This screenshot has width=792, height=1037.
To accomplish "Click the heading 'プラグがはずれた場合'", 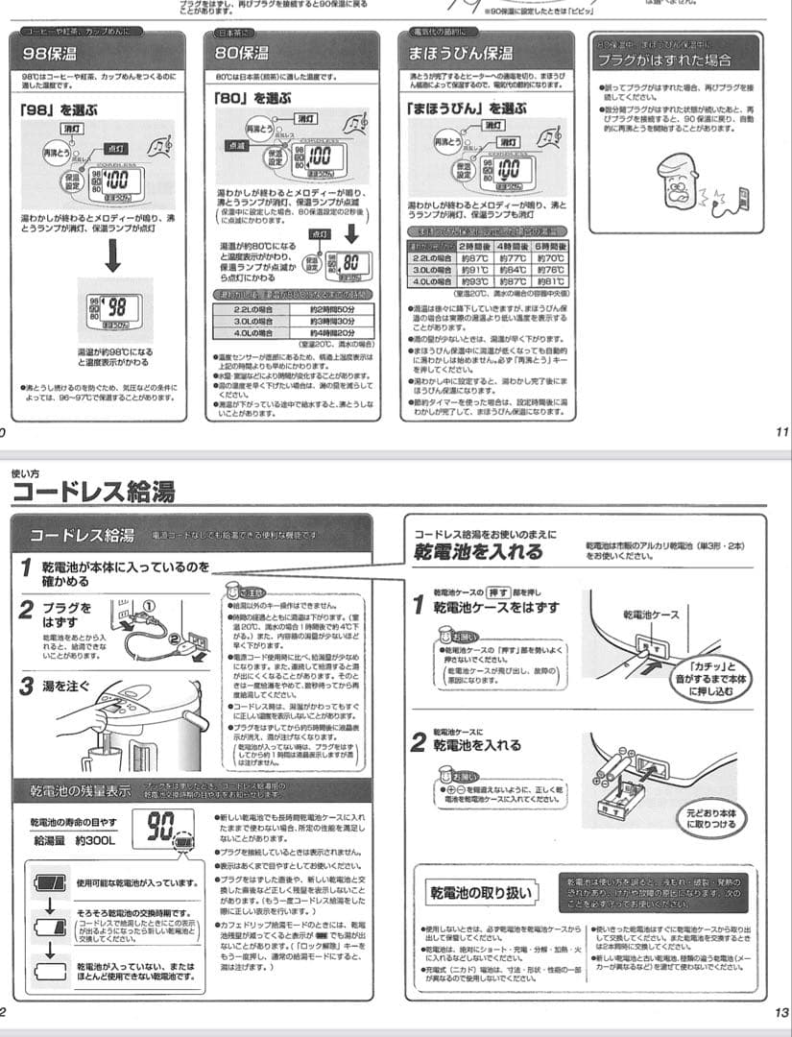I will [x=663, y=60].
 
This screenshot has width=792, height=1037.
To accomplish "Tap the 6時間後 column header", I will [x=550, y=246].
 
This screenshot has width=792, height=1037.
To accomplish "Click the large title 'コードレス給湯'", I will [x=93, y=493].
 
